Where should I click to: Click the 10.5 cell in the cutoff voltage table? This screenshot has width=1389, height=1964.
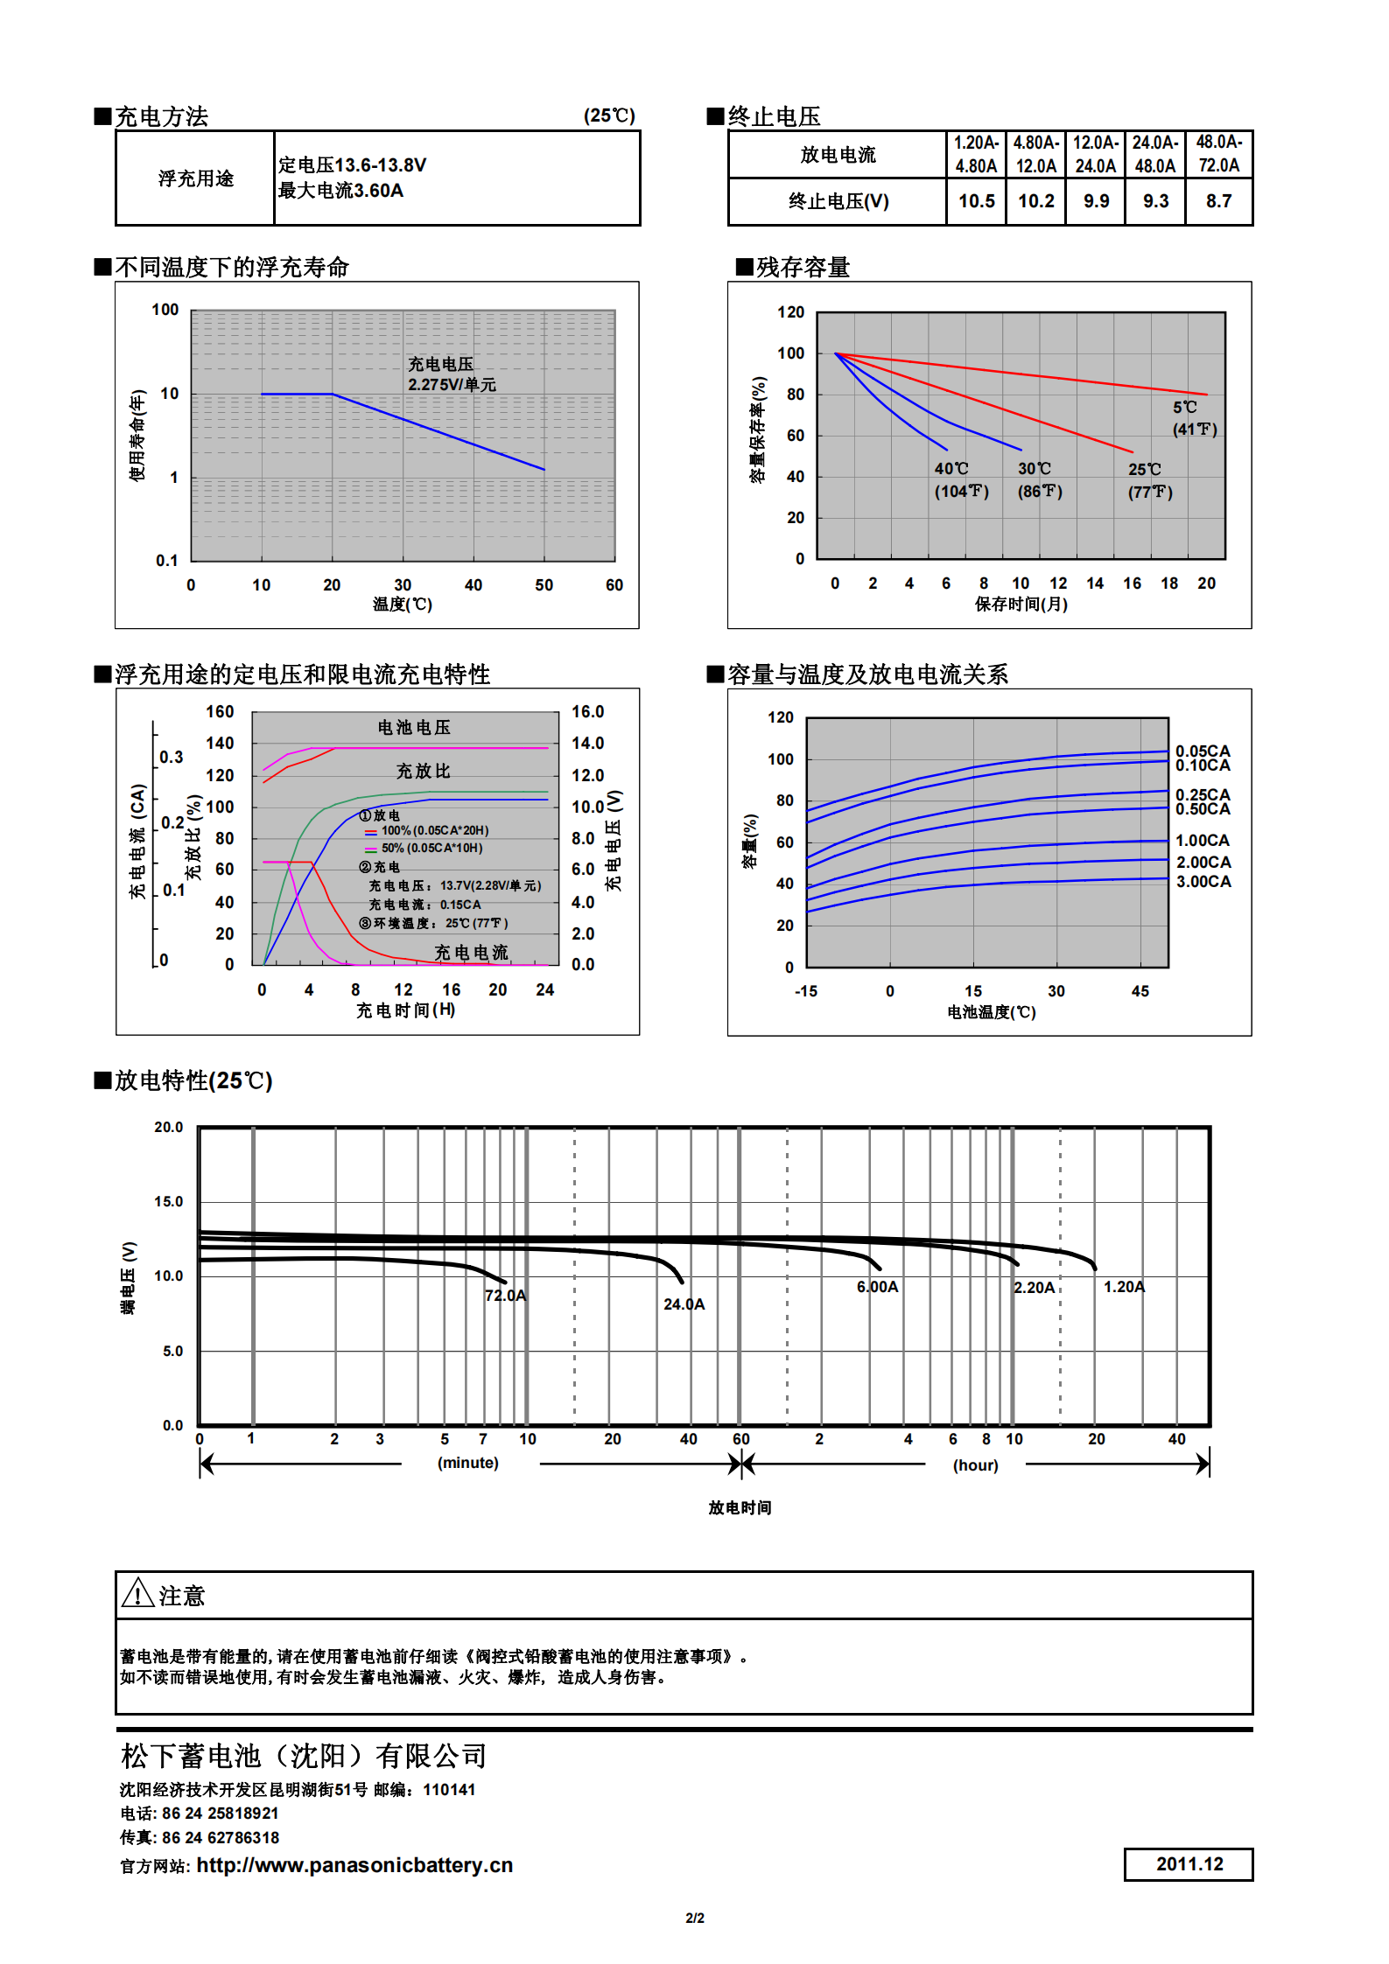[976, 201]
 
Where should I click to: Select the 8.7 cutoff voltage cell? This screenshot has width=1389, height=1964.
[1218, 201]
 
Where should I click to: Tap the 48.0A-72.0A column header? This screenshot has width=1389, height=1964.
[1218, 154]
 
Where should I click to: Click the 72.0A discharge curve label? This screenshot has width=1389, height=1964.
[505, 1296]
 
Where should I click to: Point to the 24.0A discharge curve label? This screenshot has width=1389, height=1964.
[684, 1304]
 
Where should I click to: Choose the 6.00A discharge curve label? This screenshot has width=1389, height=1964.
[877, 1287]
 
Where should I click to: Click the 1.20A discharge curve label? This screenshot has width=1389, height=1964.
[1124, 1287]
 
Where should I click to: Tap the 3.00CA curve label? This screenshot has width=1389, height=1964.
[1203, 882]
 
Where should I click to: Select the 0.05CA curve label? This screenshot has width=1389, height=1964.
[1203, 751]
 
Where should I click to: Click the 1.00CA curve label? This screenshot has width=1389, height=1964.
[1202, 841]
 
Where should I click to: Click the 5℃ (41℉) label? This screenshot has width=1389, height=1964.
[1194, 418]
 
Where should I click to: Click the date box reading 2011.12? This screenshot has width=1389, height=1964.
[1189, 1864]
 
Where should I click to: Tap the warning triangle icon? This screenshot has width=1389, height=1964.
[137, 1594]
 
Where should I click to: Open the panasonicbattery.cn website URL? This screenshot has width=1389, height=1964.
[354, 1865]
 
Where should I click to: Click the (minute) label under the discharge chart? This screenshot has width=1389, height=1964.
[467, 1463]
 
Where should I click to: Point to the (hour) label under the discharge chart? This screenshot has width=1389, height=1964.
[975, 1465]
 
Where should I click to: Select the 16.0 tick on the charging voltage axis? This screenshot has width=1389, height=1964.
[587, 712]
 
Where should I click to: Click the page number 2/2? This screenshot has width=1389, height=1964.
[695, 1918]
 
